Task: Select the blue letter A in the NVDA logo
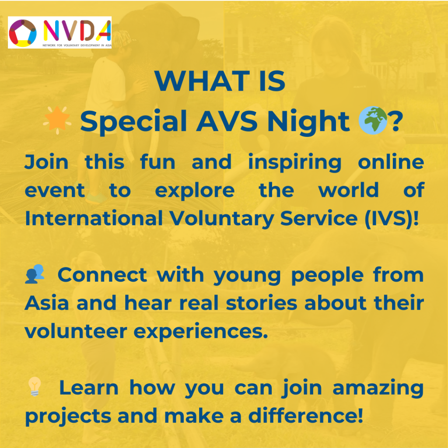coord(104,31)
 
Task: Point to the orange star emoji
coord(57,120)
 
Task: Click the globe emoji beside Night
coord(373,120)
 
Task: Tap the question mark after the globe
coord(396,122)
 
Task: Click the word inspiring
coord(295,163)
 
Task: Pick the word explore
coord(195,191)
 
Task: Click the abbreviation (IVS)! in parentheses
coord(392,219)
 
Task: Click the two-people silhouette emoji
coord(35,274)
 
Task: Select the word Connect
coord(102,275)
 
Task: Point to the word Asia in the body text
coord(47,303)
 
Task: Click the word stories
coord(262,303)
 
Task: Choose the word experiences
coord(201,332)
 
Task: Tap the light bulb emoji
coord(35,386)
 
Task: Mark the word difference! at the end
coord(306,416)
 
